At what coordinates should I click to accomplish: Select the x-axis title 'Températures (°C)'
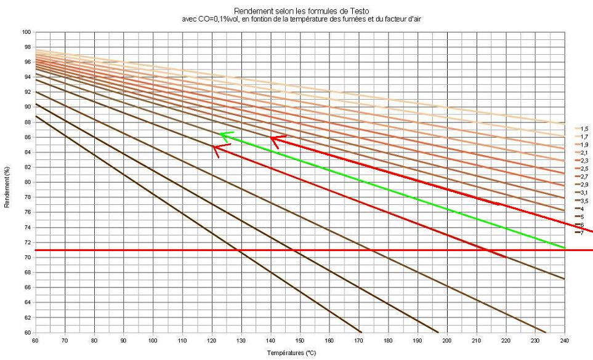(300, 353)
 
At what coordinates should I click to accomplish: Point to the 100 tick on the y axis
(26, 31)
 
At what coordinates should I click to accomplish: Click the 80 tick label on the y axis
(28, 182)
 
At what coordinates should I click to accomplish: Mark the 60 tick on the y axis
(28, 332)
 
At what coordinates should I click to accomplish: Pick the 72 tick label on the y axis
(28, 242)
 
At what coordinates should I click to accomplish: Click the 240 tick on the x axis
(564, 340)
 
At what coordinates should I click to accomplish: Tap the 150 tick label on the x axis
(300, 340)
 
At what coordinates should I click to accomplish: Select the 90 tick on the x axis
(124, 340)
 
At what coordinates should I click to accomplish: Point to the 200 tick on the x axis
(447, 340)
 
